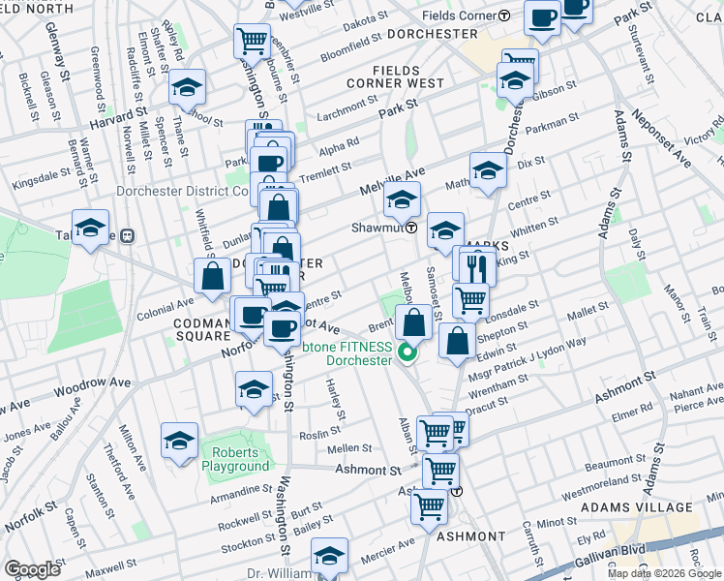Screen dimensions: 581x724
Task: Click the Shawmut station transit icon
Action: pos(411,229)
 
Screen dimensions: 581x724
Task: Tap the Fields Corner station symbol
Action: pos(505,15)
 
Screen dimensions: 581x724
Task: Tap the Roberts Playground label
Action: pos(236,459)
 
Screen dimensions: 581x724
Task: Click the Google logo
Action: pos(32,569)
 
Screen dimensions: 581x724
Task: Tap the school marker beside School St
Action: pos(187,87)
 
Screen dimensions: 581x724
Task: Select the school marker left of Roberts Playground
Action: pos(179,440)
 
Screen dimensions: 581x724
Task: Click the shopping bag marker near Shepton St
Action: pos(457,340)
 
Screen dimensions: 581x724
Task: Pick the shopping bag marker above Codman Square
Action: pos(212,275)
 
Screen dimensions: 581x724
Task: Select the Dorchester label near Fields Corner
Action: pos(432,33)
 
